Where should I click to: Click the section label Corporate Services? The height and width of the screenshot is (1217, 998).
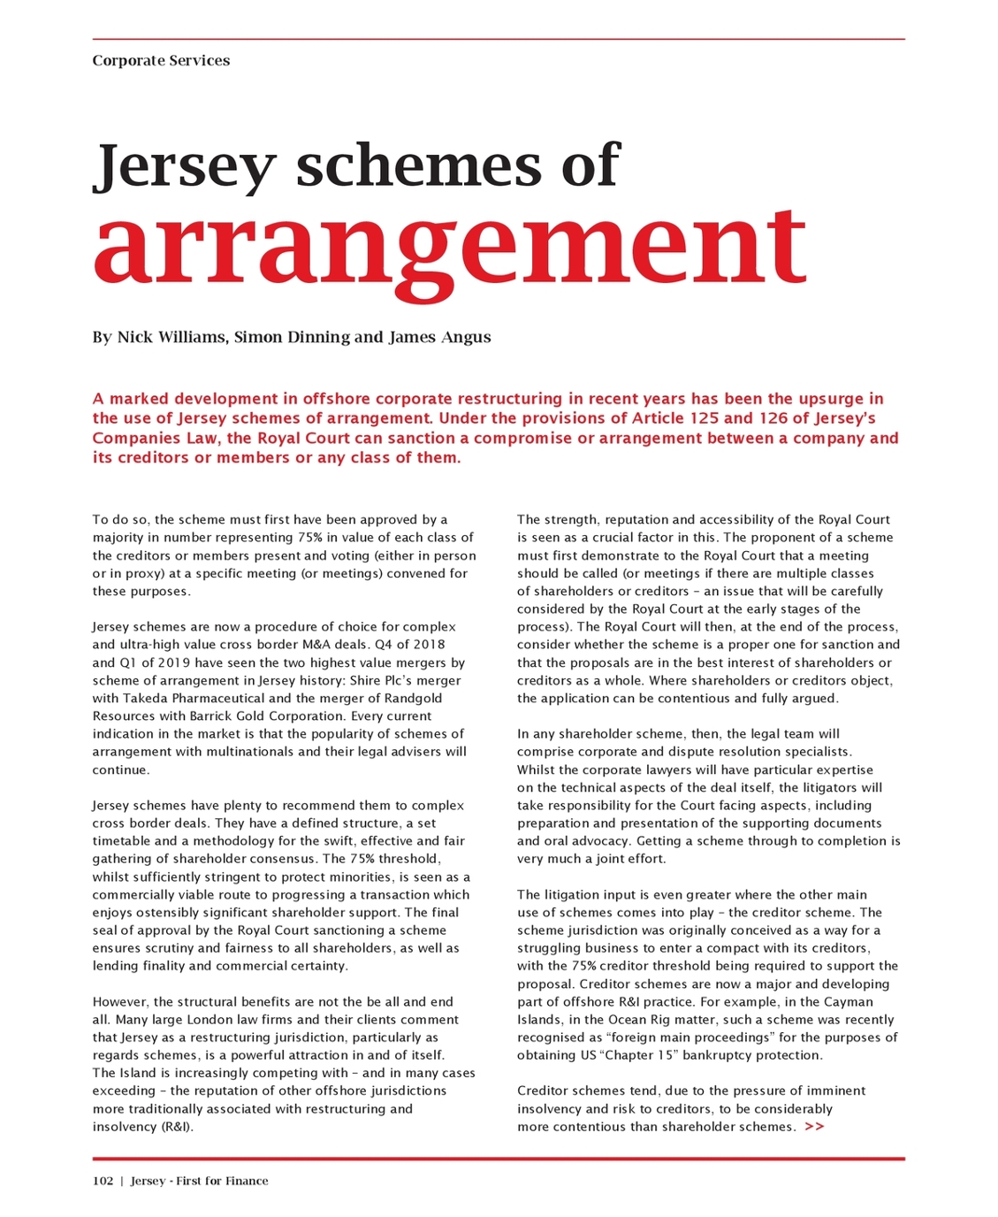click(x=161, y=60)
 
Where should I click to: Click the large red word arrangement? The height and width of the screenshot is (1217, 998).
click(x=449, y=242)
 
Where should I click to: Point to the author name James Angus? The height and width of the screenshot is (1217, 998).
click(x=439, y=337)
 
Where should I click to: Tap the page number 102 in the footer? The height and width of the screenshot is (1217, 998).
click(x=103, y=1181)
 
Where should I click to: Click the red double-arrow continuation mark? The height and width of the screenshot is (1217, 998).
click(x=814, y=1127)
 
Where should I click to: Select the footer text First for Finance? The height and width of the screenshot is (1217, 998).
click(x=222, y=1181)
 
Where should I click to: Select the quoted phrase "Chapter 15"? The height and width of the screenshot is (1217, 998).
click(x=641, y=1055)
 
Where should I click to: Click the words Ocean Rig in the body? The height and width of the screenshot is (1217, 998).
click(x=640, y=1020)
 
